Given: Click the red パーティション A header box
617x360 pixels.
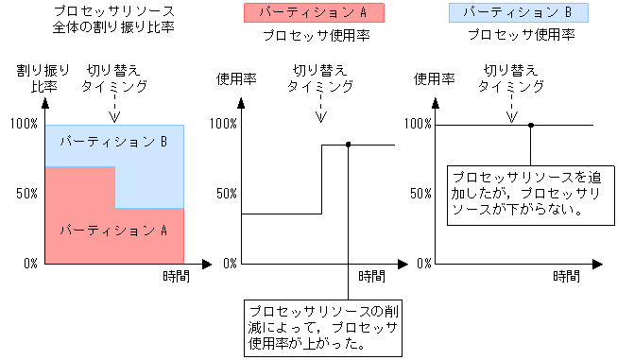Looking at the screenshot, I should pos(313,13).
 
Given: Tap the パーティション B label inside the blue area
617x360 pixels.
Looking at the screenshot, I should pos(113,142).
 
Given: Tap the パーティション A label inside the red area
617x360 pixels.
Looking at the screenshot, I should pos(113,230).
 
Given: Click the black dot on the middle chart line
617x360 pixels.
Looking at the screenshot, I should pos(349,145).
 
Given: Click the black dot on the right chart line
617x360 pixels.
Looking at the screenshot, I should pos(531,125).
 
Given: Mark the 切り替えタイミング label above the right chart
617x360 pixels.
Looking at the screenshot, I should pos(511,77).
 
